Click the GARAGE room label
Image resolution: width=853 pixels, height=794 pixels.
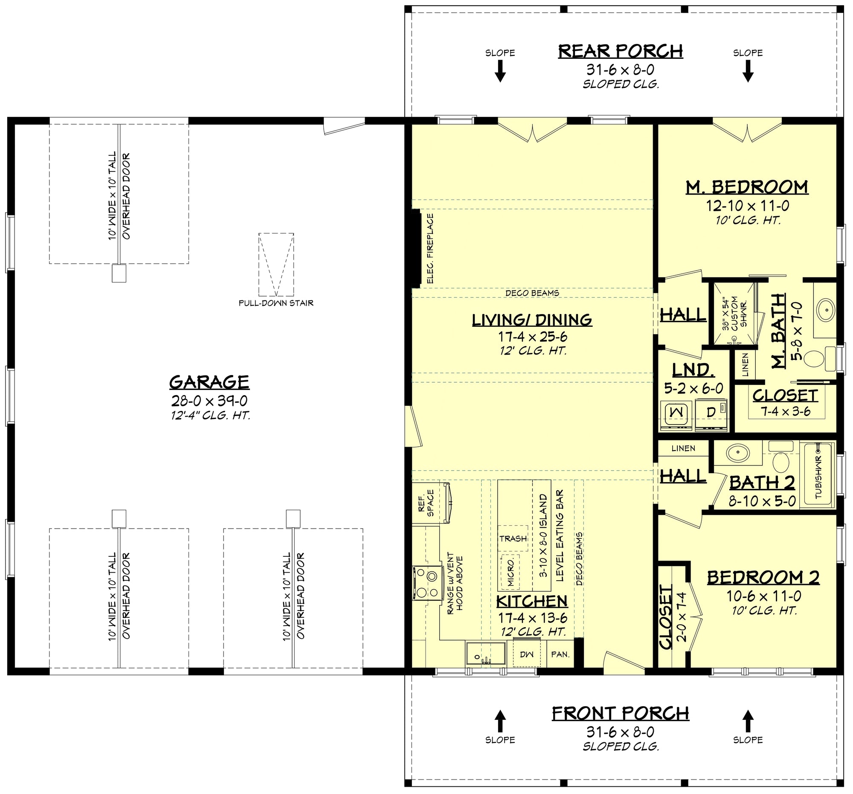[x=209, y=381]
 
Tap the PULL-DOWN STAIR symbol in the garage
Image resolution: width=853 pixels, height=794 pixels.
[x=276, y=265]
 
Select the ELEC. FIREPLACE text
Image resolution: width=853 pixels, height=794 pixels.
[x=430, y=248]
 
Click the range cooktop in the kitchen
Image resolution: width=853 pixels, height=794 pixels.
[x=428, y=582]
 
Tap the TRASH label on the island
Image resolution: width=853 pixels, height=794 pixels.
[x=513, y=538]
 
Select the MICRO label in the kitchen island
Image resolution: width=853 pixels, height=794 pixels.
[x=511, y=573]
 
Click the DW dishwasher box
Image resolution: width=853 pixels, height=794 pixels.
[x=526, y=654]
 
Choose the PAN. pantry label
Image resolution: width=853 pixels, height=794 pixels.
[x=560, y=654]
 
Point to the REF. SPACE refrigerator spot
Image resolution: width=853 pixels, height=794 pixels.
[x=426, y=503]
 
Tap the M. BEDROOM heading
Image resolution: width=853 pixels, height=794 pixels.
[x=747, y=187]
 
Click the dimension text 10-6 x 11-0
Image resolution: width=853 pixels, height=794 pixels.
[x=764, y=596]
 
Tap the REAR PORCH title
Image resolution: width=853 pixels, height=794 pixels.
[x=621, y=51]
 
